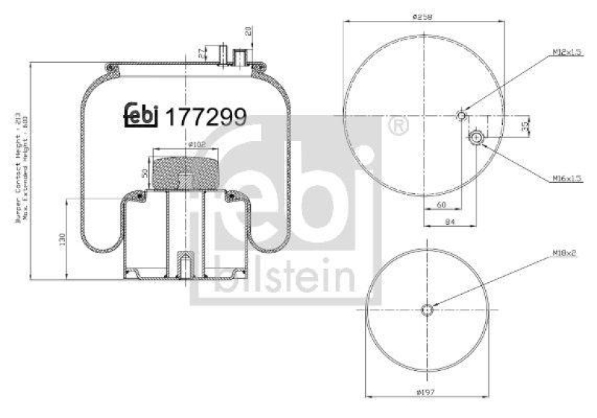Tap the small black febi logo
coord(141,115)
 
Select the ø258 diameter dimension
coord(422,16)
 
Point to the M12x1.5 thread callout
coord(566,52)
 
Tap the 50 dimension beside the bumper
coord(144,173)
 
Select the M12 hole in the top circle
coord(462,116)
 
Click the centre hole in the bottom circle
coord(427,310)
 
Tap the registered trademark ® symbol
coord(398,126)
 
